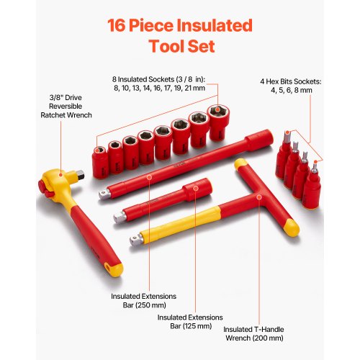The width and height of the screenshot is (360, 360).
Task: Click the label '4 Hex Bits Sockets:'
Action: click(x=312, y=81)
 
